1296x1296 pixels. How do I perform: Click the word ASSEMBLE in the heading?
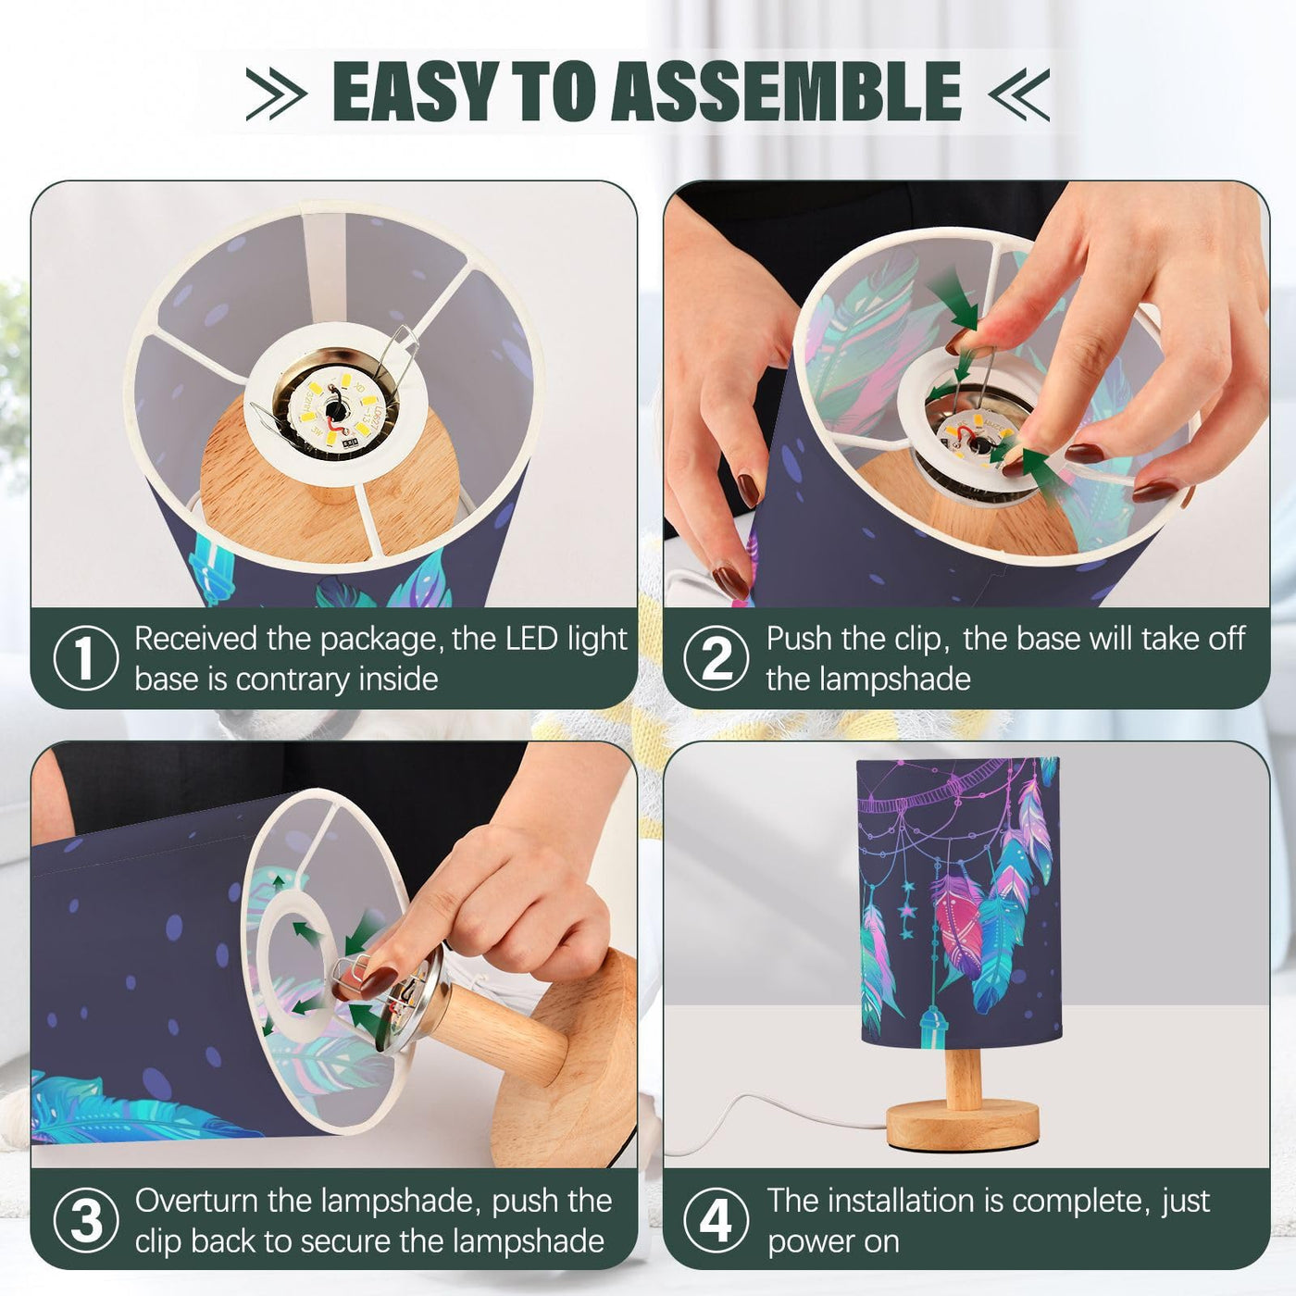(x=786, y=91)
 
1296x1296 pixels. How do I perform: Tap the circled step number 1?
(x=85, y=658)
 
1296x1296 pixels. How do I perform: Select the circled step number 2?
(x=717, y=658)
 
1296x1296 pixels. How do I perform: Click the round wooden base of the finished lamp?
(x=963, y=1124)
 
